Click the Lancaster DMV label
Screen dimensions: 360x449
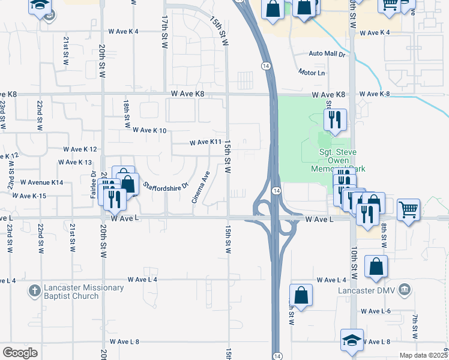pos(368,290)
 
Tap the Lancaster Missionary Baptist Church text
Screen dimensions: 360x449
pos(85,292)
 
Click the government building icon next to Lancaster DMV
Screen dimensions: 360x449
pos(405,290)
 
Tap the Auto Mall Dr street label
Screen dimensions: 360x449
pos(328,53)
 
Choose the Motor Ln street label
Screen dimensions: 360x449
pos(312,72)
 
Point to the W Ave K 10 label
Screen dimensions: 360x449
pos(149,130)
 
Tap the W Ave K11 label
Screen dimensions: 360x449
pos(206,142)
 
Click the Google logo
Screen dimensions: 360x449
pos(20,353)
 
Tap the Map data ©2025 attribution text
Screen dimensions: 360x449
pos(424,355)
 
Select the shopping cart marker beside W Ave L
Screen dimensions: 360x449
pos(408,210)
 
